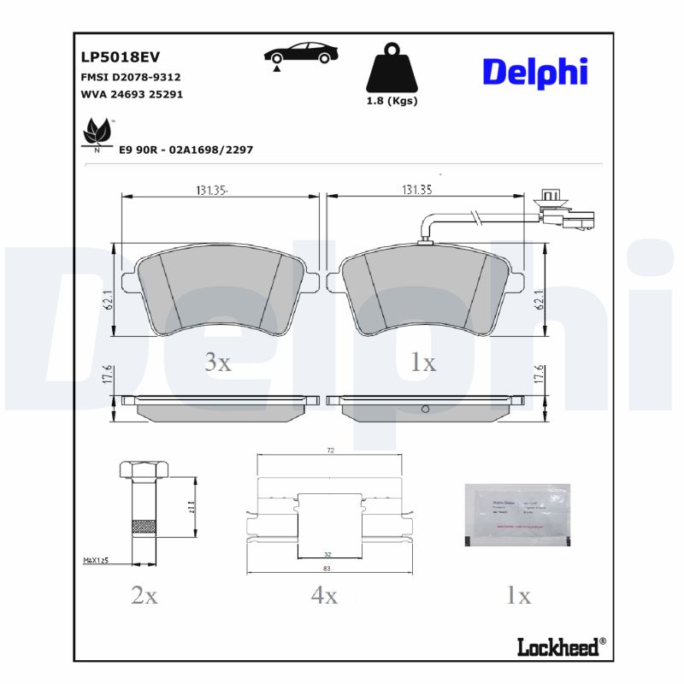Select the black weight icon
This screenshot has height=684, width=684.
coord(391,69)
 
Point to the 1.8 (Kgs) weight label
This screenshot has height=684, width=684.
coord(392,101)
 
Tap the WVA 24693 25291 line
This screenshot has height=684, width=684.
coord(131,95)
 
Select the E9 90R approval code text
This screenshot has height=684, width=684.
coord(186,150)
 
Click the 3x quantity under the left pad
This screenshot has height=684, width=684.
coord(217,363)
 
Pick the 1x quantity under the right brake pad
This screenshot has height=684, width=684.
coord(422,363)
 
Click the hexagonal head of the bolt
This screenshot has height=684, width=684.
coord(139,470)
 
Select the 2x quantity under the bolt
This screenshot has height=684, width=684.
coord(144,596)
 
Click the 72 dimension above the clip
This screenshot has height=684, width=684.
coord(329,449)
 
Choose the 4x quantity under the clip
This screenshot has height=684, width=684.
coord(324,596)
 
